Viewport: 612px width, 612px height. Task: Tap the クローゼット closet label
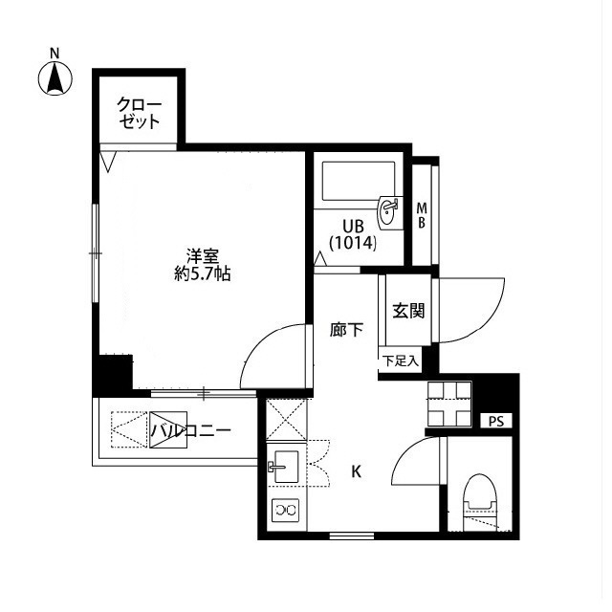(139, 113)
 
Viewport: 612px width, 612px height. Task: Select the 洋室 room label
(203, 256)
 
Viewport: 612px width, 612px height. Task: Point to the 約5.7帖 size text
(203, 273)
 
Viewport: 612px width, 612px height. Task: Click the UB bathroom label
(353, 226)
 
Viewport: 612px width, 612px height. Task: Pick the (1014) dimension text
(353, 243)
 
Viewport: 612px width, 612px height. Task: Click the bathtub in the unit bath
(356, 179)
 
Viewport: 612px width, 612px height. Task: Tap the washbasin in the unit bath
(389, 211)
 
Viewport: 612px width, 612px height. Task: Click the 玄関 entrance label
(407, 311)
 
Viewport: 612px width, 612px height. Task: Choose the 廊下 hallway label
(346, 331)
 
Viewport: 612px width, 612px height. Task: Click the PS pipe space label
(495, 421)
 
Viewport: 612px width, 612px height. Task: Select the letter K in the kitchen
(356, 470)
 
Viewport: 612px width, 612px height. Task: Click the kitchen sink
(286, 468)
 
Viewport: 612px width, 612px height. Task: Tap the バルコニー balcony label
(190, 431)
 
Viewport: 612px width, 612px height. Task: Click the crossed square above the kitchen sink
(284, 419)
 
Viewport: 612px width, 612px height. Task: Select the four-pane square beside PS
(449, 404)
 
